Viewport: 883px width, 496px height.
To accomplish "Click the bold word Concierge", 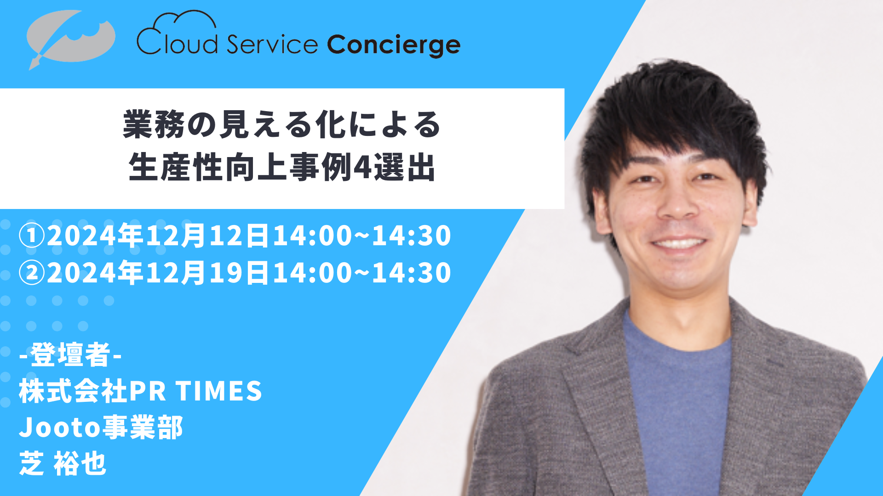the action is point(394,45).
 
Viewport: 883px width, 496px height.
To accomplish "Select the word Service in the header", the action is point(272,44).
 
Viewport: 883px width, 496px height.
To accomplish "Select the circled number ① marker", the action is point(32,235).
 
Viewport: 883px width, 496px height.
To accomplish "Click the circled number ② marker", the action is point(32,273).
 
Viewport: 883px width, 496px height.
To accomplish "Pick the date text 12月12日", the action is point(207,235).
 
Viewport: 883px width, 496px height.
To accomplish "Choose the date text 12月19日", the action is point(207,273).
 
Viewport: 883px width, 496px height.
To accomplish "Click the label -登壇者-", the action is point(70,355).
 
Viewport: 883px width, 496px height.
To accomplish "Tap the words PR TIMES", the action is point(196,391).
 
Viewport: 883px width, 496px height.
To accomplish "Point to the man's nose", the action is point(677,202).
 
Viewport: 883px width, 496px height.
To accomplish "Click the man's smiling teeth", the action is point(679,243).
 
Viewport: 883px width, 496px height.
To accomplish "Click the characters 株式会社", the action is point(73,391).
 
